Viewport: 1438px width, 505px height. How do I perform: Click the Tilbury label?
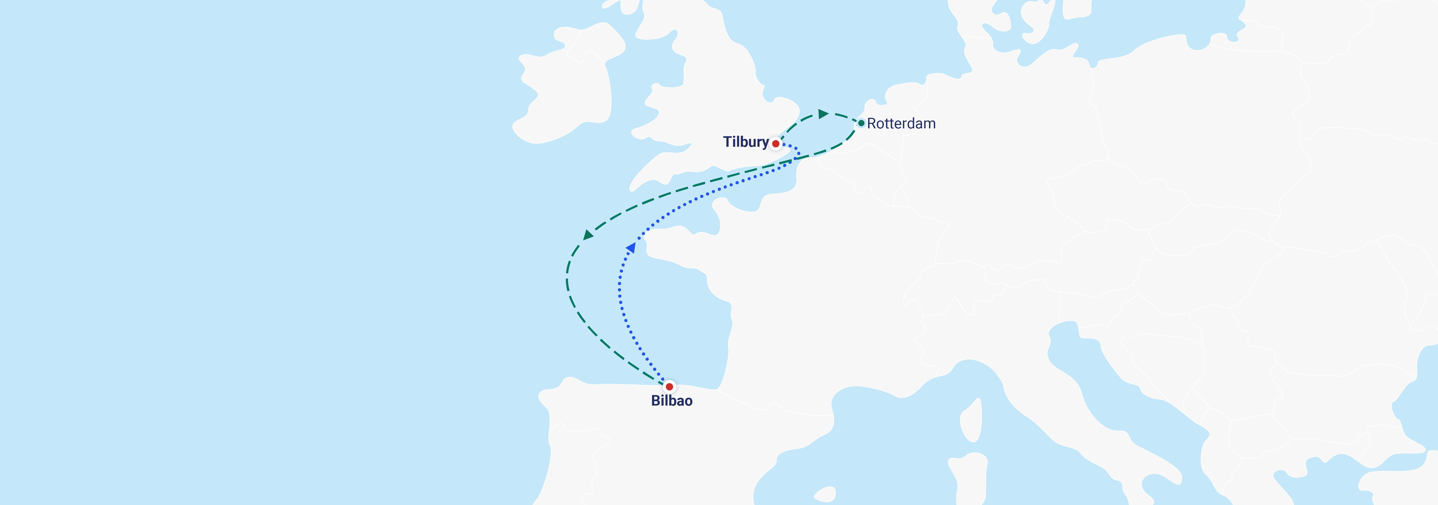tap(746, 142)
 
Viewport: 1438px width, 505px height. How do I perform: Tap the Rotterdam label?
tap(901, 123)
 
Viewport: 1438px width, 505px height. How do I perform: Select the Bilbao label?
tap(672, 401)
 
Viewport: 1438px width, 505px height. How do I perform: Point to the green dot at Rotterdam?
tap(861, 123)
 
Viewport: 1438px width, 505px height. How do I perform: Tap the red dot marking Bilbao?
tap(669, 386)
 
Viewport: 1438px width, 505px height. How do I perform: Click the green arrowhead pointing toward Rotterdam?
tap(823, 114)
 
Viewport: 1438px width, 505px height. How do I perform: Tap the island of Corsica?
tap(971, 421)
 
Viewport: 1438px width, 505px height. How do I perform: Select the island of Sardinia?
tap(968, 474)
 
